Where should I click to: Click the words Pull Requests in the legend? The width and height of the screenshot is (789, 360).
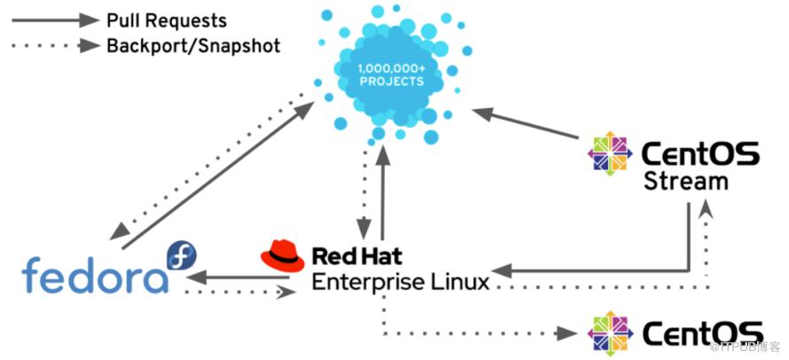click(x=166, y=20)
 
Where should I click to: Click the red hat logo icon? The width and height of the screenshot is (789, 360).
click(x=282, y=256)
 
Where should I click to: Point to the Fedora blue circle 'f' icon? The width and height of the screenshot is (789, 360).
click(x=182, y=255)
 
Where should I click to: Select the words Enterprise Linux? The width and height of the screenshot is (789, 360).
click(x=400, y=283)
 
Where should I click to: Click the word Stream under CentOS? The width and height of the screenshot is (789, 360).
click(x=685, y=182)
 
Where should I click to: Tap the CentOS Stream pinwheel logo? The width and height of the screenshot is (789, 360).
click(x=612, y=153)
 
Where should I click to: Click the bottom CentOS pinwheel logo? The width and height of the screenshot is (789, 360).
click(x=612, y=333)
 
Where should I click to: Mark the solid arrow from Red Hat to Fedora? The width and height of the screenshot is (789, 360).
click(x=239, y=277)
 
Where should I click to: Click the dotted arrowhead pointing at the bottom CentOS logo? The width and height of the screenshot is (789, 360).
click(x=565, y=333)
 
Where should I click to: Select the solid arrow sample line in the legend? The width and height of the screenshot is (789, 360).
click(x=52, y=20)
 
